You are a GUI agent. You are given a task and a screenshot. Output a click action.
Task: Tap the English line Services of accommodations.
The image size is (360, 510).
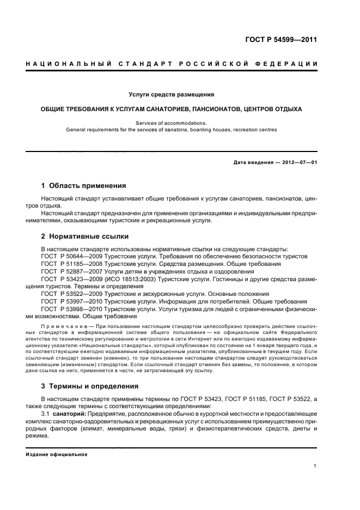coord(171,123)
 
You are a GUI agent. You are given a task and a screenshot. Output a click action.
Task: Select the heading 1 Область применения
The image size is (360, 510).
coord(84,185)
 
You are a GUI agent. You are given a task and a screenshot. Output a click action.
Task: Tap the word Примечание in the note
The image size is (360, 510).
coord(60,325)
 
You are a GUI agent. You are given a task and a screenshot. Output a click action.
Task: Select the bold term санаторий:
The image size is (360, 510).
coord(77,414)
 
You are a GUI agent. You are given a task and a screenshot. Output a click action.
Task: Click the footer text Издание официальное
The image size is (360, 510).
coord(53,454)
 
